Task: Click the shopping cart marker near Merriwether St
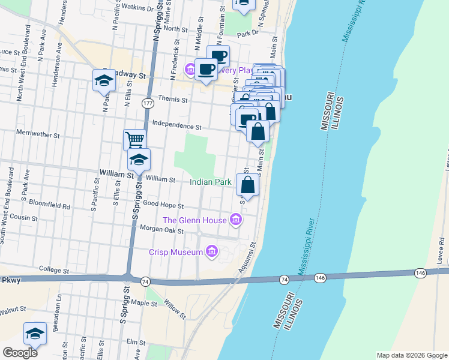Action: point(134,140)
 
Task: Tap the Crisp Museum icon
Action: point(211,252)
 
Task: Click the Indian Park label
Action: point(211,182)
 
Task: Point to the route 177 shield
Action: point(148,104)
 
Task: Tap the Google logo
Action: point(20,352)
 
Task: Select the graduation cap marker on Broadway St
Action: point(104,80)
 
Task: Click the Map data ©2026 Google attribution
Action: point(411,355)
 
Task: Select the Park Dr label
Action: point(247,34)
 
